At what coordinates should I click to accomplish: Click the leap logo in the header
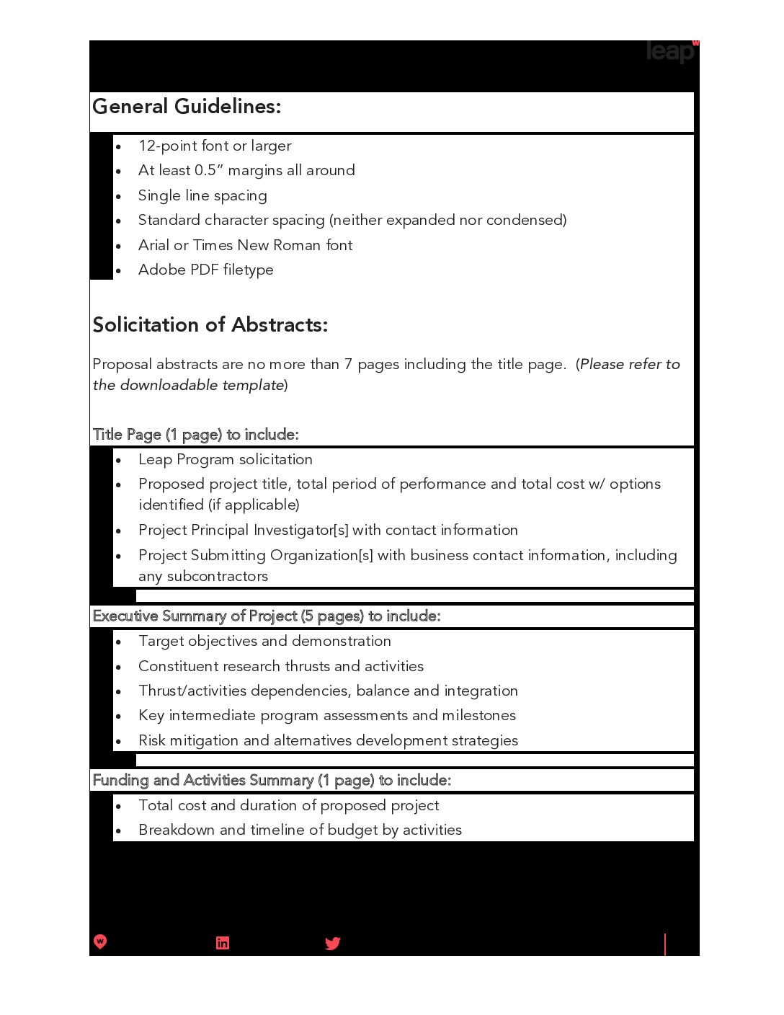tap(670, 51)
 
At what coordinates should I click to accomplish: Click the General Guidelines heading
tap(187, 107)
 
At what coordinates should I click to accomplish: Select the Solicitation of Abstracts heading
tap(210, 325)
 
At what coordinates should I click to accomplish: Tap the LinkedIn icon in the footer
tap(223, 943)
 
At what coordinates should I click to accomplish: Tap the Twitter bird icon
tap(332, 943)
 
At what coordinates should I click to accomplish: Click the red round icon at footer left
tap(100, 941)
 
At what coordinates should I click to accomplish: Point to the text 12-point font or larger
tap(215, 146)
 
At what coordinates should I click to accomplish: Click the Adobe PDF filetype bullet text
tap(205, 270)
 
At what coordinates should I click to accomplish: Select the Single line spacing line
tap(202, 195)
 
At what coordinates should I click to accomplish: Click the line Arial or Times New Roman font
tap(245, 245)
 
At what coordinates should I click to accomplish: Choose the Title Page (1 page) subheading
tap(195, 435)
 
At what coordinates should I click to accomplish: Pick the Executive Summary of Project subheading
tap(266, 616)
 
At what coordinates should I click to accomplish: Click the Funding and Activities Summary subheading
tap(272, 780)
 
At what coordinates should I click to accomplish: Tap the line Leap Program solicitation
tap(225, 459)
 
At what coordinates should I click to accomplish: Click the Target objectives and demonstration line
tap(264, 641)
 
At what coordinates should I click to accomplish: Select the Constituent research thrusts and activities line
tap(280, 666)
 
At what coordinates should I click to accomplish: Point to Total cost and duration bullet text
tap(288, 805)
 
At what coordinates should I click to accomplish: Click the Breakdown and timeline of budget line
tap(300, 830)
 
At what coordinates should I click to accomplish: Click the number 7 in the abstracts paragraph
tap(348, 365)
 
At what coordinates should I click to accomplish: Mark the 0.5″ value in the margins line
tap(209, 170)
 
